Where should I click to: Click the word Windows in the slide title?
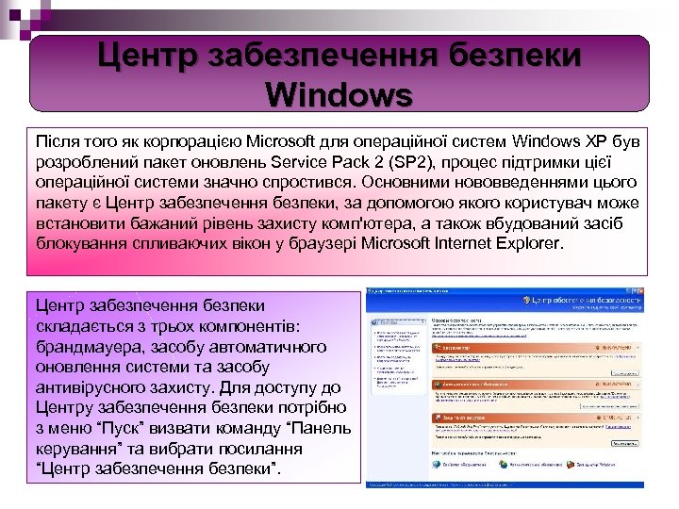coord(339,94)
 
